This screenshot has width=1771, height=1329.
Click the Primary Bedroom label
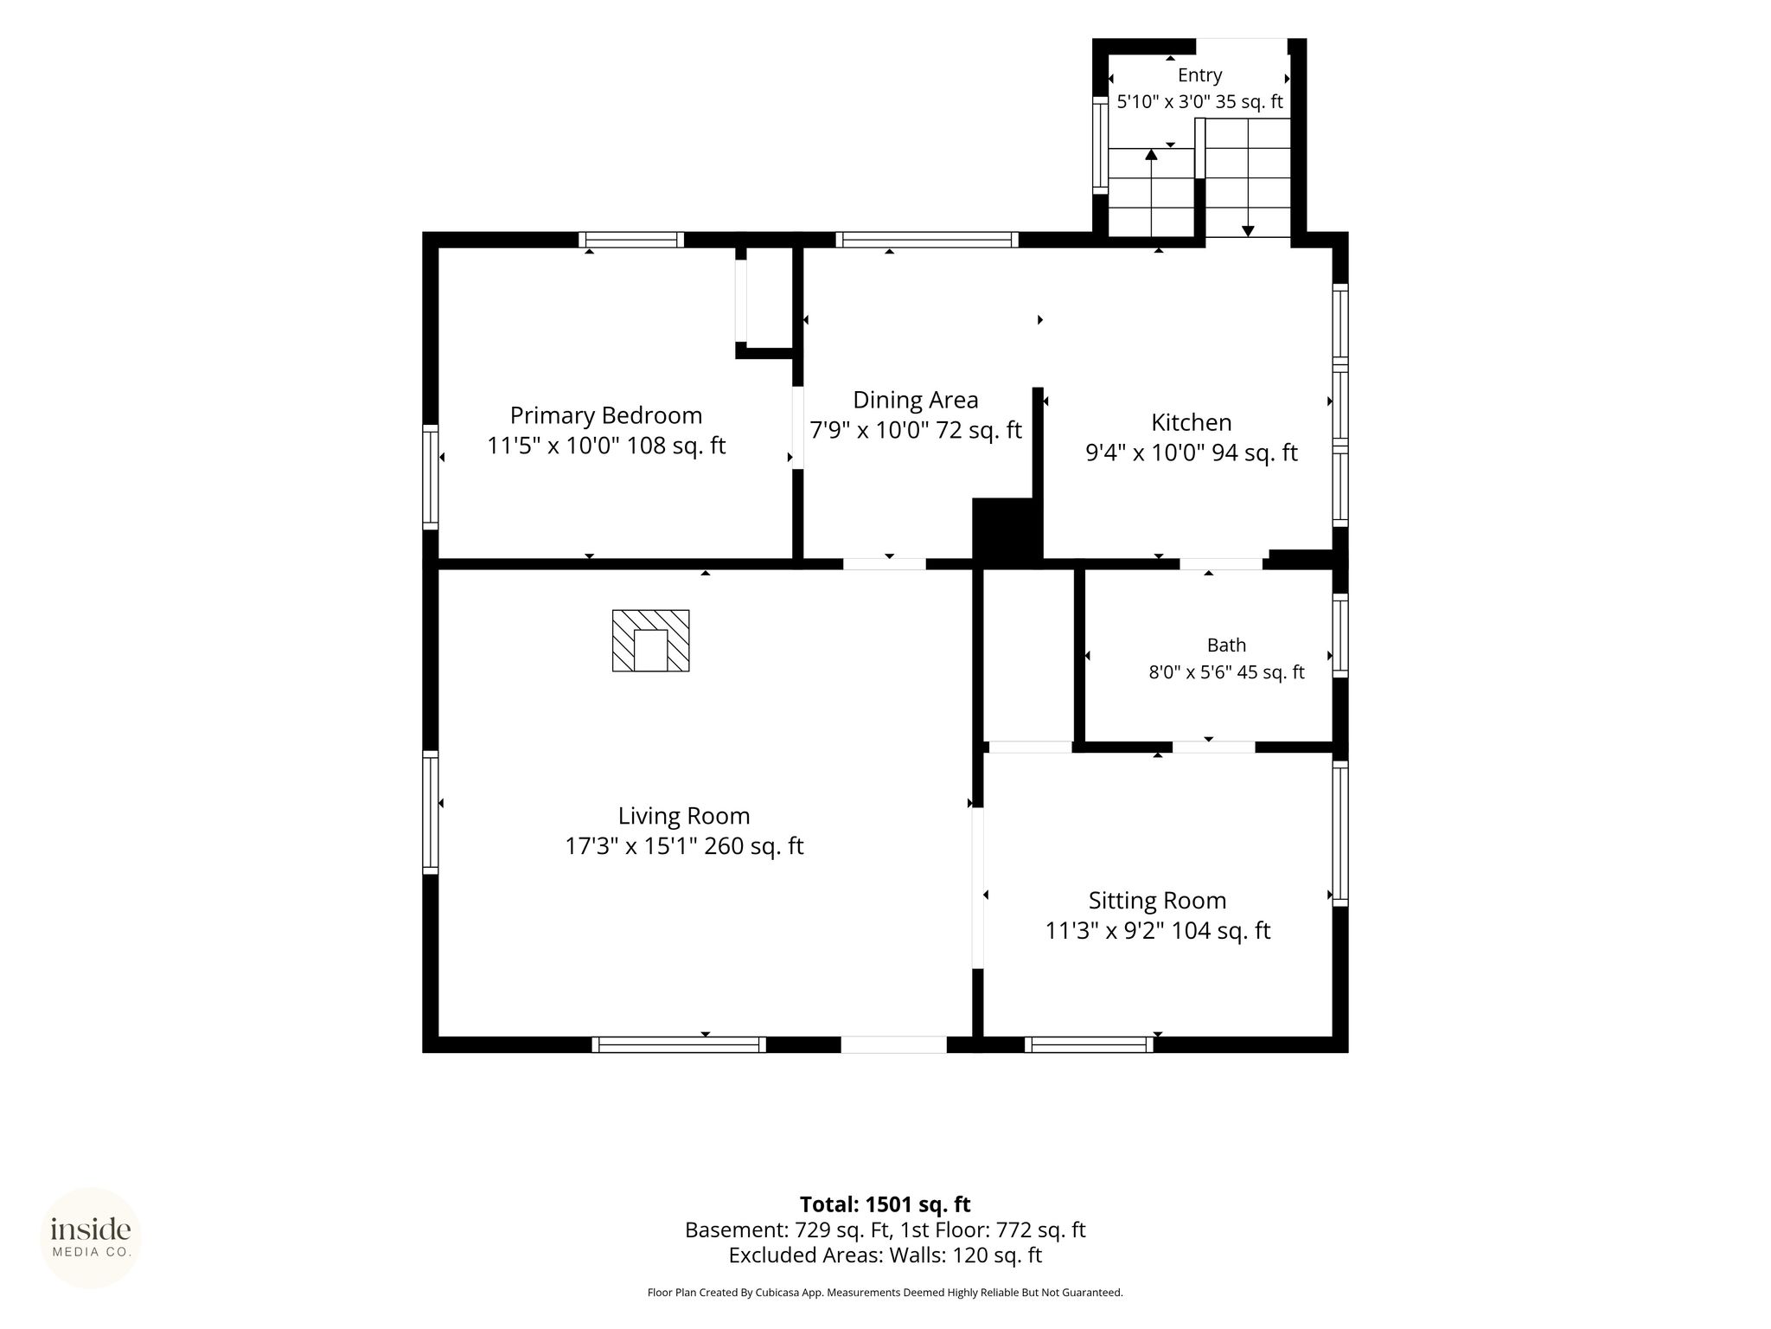click(605, 415)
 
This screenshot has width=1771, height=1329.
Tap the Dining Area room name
click(916, 400)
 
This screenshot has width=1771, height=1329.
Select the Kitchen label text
click(1191, 422)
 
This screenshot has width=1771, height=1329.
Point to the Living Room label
click(683, 816)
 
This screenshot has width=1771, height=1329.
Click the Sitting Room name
click(1157, 901)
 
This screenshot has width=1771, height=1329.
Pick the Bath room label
click(1226, 645)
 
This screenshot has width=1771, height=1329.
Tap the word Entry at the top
click(1199, 75)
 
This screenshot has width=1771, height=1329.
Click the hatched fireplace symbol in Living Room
click(651, 640)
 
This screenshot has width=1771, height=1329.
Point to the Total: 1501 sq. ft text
click(885, 1204)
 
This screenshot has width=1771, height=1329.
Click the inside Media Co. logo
click(91, 1238)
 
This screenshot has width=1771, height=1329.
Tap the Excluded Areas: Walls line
click(885, 1255)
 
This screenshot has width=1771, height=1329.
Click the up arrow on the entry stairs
click(1151, 192)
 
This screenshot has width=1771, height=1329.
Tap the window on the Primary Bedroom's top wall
click(631, 240)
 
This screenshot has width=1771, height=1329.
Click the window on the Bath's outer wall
click(1339, 636)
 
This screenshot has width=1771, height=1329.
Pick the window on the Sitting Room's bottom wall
click(1089, 1044)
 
